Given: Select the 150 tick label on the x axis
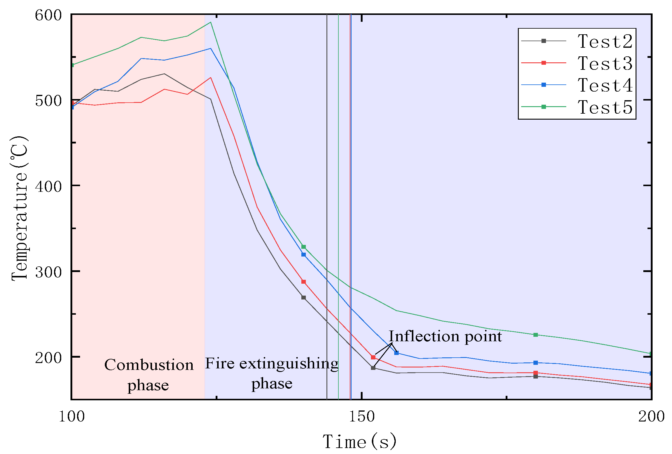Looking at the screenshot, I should (x=361, y=416).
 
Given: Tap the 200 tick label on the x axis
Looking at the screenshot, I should (x=651, y=416).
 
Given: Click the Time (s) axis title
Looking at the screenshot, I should (x=360, y=441).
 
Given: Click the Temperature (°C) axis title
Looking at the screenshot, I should (x=20, y=208).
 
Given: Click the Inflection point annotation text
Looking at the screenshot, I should (x=445, y=336).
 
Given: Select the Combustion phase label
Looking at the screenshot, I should (x=149, y=375).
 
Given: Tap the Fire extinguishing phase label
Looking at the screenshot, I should (x=271, y=373).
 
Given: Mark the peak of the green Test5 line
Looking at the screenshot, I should (x=211, y=22).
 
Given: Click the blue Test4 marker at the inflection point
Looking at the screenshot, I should (x=396, y=353).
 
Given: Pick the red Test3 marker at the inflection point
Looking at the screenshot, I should (x=373, y=357).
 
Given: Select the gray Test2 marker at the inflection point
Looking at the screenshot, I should (x=373, y=368).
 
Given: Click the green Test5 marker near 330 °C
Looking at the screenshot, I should (x=303, y=247).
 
